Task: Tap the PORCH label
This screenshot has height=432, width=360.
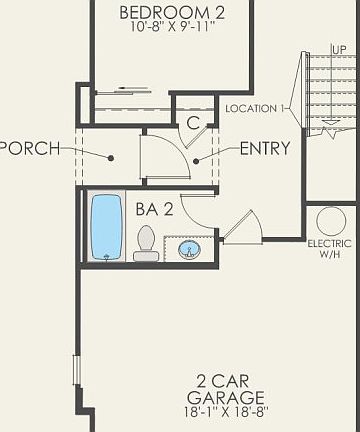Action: coord(30,149)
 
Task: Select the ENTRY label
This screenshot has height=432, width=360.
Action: coord(265,149)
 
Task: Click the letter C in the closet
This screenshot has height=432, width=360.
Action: coord(194,123)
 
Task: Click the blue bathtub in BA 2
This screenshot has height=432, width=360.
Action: coord(106,227)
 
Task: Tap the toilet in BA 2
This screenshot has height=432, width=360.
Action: coord(147,243)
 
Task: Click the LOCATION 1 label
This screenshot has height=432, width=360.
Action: coord(257,108)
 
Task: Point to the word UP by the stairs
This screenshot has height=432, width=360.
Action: coord(339,49)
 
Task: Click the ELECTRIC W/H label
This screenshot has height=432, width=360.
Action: coord(329,248)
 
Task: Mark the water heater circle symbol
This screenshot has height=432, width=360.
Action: coord(331,220)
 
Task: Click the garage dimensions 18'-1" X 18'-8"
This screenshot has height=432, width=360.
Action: coord(232,411)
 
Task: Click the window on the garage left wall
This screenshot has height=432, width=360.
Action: coord(75,368)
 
